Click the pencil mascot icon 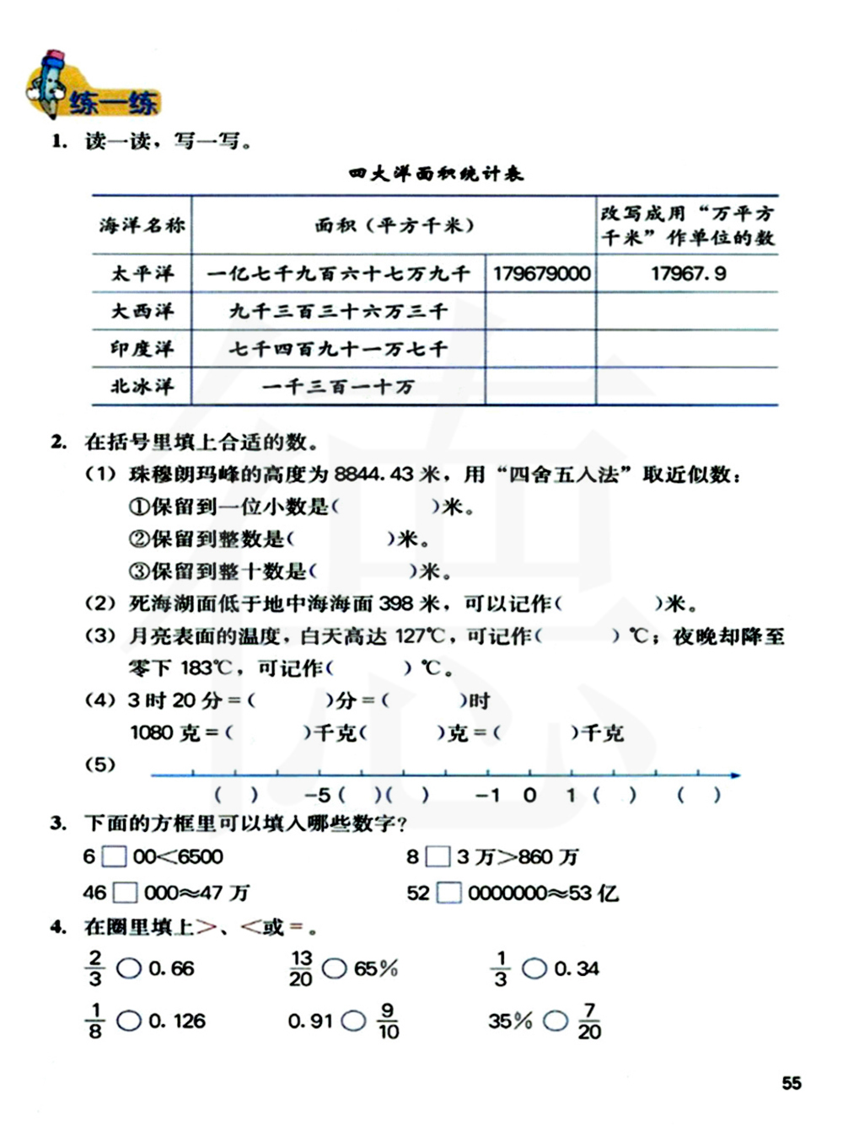49,83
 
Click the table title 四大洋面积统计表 437,174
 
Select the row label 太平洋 142,274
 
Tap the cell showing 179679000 541,274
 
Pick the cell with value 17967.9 688,274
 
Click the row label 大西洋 142,311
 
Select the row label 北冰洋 142,387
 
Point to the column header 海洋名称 142,225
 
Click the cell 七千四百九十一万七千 338,349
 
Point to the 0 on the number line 529,795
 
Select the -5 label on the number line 317,795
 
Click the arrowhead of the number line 735,775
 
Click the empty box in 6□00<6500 114,857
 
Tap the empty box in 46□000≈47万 125,893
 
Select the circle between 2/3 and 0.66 128,969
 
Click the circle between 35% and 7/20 555,1021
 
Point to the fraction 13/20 301,968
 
